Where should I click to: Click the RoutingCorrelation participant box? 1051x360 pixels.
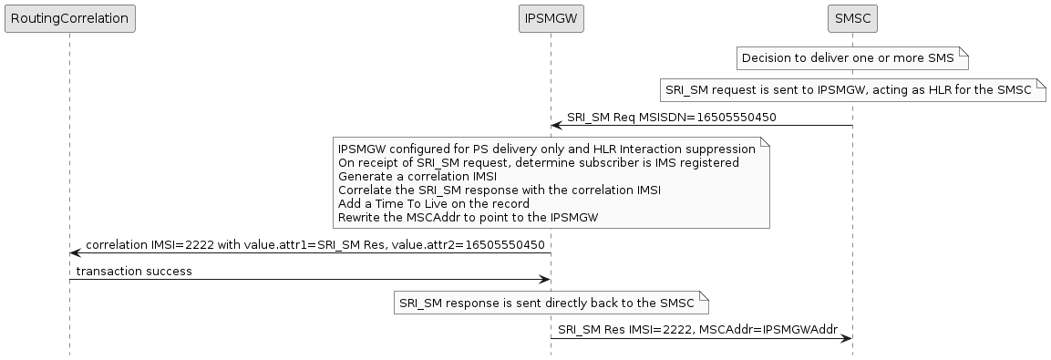[x=69, y=17]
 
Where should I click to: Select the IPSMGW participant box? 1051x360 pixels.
[x=551, y=17]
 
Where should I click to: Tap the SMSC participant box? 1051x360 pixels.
[x=852, y=17]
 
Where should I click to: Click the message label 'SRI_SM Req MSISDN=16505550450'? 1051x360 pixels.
[x=672, y=118]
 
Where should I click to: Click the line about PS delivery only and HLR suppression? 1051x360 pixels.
[x=546, y=149]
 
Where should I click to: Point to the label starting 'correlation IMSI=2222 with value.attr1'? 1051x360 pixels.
[x=315, y=245]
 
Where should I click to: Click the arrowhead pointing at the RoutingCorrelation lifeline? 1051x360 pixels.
[x=76, y=252]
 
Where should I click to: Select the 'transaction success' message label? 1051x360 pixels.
[x=134, y=272]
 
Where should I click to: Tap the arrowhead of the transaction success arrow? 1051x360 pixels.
[x=544, y=279]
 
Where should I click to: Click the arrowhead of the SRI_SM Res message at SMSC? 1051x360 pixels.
[x=846, y=338]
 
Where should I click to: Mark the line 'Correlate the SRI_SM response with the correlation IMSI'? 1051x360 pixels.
[x=500, y=190]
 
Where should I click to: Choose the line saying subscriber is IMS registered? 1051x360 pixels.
[x=538, y=162]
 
